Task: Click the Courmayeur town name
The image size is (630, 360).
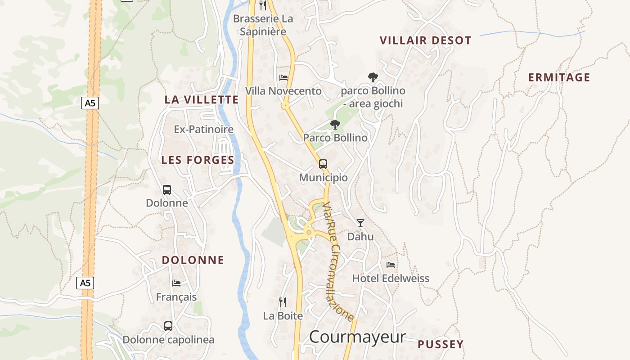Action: (357, 337)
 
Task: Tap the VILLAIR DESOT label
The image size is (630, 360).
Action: (425, 40)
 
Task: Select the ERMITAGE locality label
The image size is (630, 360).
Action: (559, 77)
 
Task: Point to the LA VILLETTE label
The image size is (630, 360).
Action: (201, 100)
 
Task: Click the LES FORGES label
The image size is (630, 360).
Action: (198, 160)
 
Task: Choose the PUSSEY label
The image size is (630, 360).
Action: (440, 344)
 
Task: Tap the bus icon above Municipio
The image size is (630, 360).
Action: (323, 164)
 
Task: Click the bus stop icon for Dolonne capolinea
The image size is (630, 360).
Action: (168, 326)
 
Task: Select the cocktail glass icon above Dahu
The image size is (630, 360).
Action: (360, 223)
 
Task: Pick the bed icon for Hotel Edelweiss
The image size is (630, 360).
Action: (391, 265)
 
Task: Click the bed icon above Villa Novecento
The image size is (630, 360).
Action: (283, 78)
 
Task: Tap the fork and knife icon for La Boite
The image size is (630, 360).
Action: (283, 302)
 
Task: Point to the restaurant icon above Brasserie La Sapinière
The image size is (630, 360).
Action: (263, 5)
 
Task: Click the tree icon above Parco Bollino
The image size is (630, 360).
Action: (335, 125)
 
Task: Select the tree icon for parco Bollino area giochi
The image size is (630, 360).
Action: (373, 77)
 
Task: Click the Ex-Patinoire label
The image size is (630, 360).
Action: (204, 130)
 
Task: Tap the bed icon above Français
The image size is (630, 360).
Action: (176, 283)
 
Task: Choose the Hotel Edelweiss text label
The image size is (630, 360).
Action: (391, 278)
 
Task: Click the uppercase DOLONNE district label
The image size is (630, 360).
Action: (193, 260)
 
